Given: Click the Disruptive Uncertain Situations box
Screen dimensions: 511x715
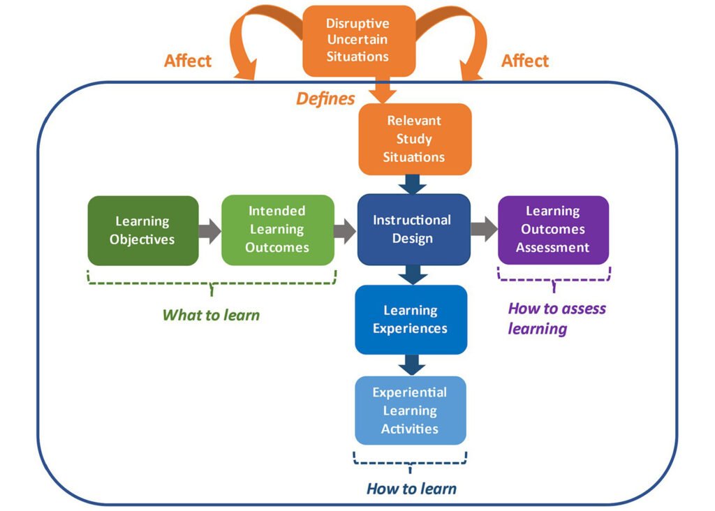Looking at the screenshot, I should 358,40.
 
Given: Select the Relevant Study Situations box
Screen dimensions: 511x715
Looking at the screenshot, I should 415,139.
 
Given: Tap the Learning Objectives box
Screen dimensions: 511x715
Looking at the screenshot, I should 143,230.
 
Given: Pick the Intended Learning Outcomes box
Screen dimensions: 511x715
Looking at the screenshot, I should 277,230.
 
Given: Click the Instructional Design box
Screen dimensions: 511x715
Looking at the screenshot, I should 413,230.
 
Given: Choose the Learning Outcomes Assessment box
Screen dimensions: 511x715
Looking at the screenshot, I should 553,230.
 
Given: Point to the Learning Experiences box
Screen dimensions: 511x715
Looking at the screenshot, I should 411,319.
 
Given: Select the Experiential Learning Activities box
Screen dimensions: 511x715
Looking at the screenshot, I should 410,410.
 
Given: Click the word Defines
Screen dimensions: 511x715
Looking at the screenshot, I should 325,99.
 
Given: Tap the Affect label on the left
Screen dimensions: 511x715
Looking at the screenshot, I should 188,61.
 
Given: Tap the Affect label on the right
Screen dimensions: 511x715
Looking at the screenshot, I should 525,61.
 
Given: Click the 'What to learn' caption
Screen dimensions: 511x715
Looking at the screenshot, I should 211,315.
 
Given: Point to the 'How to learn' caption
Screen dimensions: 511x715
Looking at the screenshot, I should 411,489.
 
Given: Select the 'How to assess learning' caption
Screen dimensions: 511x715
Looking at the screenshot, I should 556,318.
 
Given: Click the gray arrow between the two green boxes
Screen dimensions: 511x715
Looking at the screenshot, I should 209,230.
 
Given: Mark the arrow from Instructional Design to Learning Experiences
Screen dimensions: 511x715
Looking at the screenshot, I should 413,274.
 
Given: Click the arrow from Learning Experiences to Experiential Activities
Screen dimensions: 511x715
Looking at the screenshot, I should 412,364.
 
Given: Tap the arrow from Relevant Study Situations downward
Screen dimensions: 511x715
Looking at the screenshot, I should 415,184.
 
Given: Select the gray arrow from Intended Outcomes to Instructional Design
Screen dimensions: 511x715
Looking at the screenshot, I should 345,230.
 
